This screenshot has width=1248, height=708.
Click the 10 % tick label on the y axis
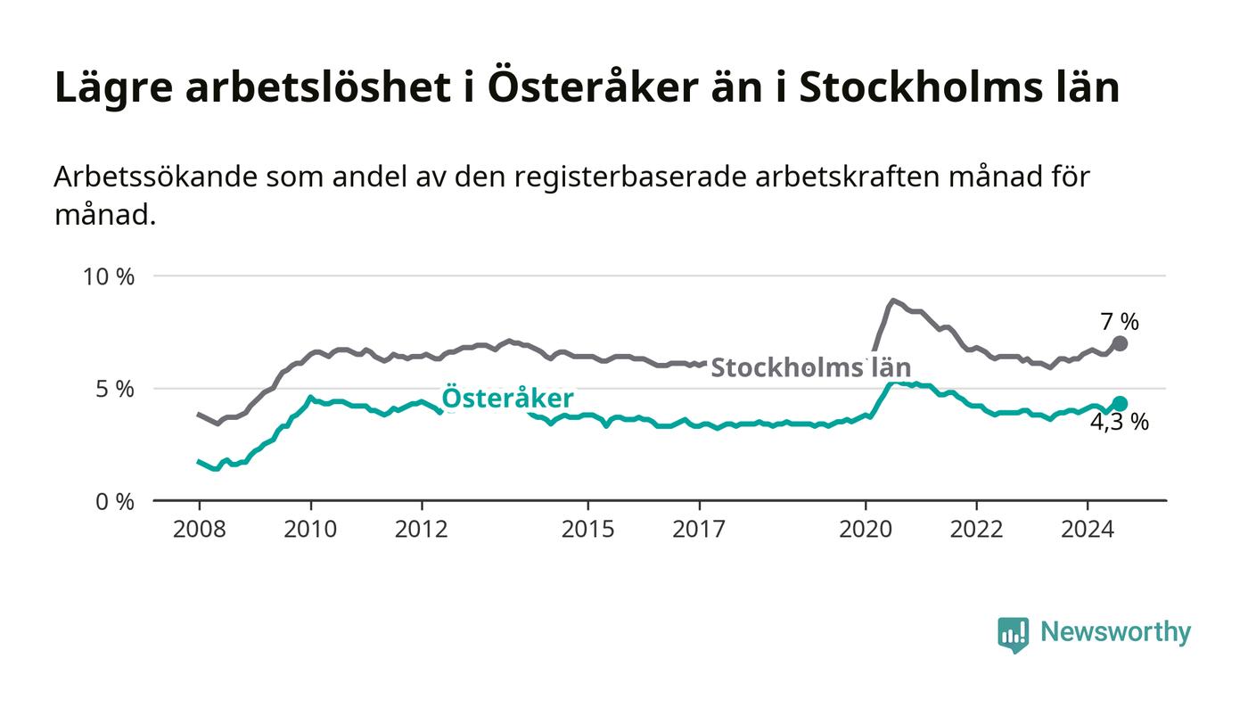pos(108,276)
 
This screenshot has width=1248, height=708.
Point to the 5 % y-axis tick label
pos(114,389)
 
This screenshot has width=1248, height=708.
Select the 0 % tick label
pos(114,501)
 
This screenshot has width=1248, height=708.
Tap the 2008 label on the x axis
pos(199,530)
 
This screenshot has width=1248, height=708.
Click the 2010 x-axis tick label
pos(310,530)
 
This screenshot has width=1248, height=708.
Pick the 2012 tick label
pos(421,530)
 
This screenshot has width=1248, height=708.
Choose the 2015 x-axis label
pos(587,530)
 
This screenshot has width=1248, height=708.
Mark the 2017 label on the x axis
pos(699,530)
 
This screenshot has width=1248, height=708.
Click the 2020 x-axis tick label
pos(866,530)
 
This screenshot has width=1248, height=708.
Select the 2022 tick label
pos(976,530)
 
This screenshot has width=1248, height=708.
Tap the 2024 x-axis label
pos(1088,530)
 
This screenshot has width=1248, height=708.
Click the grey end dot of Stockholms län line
pos(1121,343)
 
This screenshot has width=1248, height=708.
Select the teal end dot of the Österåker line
pos(1121,404)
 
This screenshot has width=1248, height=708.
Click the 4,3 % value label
pos(1120,423)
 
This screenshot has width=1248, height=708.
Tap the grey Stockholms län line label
pos(810,367)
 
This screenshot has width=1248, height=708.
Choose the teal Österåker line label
pos(507,399)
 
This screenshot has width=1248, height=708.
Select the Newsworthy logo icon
pos(1013,634)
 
